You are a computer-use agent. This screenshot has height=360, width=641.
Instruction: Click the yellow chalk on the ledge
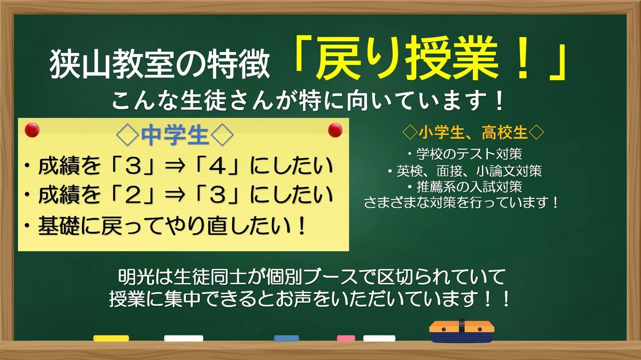click(x=111, y=338)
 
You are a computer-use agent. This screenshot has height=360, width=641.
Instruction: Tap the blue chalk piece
click(x=286, y=338)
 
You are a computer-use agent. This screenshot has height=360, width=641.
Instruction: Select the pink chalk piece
click(x=345, y=338)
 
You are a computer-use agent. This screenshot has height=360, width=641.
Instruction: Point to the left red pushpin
click(x=32, y=130)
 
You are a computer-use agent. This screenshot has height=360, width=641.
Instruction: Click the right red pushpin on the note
click(x=335, y=130)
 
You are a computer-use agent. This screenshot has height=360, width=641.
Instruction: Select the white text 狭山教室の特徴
click(x=159, y=64)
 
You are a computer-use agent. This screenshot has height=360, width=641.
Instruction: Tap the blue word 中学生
click(x=175, y=135)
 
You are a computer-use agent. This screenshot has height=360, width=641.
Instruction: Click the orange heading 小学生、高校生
click(x=473, y=132)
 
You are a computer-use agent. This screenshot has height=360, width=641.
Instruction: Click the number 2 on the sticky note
click(x=133, y=195)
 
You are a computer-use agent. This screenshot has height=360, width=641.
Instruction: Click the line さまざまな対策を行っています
click(x=461, y=203)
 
